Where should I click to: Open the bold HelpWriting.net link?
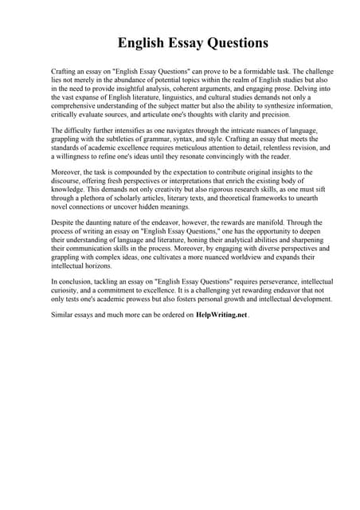(221, 315)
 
